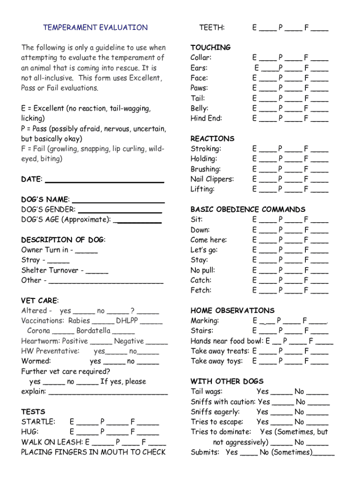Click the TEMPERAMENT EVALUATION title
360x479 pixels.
pos(95,28)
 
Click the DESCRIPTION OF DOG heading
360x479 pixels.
pos(63,240)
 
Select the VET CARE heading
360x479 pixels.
pos(40,300)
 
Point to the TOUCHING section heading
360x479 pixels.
pos(210,47)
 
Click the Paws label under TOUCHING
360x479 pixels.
pos(199,88)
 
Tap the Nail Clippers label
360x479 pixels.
pos(212,179)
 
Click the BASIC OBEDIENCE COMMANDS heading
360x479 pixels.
pos(248,209)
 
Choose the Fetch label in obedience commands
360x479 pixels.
pos(201,290)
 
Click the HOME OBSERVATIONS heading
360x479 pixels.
pos(232,311)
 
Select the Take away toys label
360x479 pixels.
pos(216,361)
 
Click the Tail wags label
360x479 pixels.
pos(206,392)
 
